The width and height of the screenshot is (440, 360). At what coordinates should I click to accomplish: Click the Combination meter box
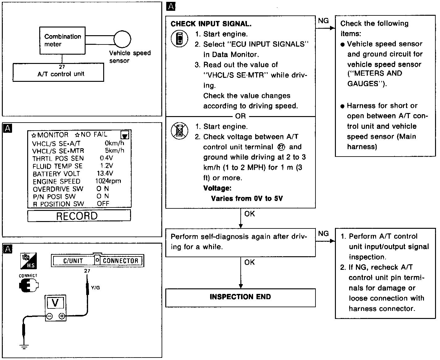[62, 40]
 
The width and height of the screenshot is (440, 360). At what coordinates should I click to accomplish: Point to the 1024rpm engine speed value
[108, 181]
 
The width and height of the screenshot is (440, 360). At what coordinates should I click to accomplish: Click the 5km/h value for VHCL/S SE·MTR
[114, 150]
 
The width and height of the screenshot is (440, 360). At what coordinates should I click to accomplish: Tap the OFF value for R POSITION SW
[103, 204]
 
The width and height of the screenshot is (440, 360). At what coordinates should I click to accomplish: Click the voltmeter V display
[55, 303]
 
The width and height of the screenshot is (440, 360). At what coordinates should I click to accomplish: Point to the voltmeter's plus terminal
[62, 316]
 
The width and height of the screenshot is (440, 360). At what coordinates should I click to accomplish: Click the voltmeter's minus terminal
[49, 316]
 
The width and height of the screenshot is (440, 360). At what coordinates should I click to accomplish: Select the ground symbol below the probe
[23, 346]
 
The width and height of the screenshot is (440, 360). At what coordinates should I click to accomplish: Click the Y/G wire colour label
[95, 288]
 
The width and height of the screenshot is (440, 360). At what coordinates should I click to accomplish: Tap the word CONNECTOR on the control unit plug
[121, 261]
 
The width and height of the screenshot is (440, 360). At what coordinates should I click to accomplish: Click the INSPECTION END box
[240, 297]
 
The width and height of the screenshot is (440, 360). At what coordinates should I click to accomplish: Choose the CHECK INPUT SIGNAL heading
[211, 24]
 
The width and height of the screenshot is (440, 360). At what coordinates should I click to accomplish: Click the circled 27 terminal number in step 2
[282, 147]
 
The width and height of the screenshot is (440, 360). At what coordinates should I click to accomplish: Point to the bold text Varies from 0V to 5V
[247, 199]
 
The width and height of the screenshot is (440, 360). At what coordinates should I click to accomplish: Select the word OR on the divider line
[240, 116]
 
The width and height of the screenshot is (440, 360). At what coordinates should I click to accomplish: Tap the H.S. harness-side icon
[28, 261]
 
